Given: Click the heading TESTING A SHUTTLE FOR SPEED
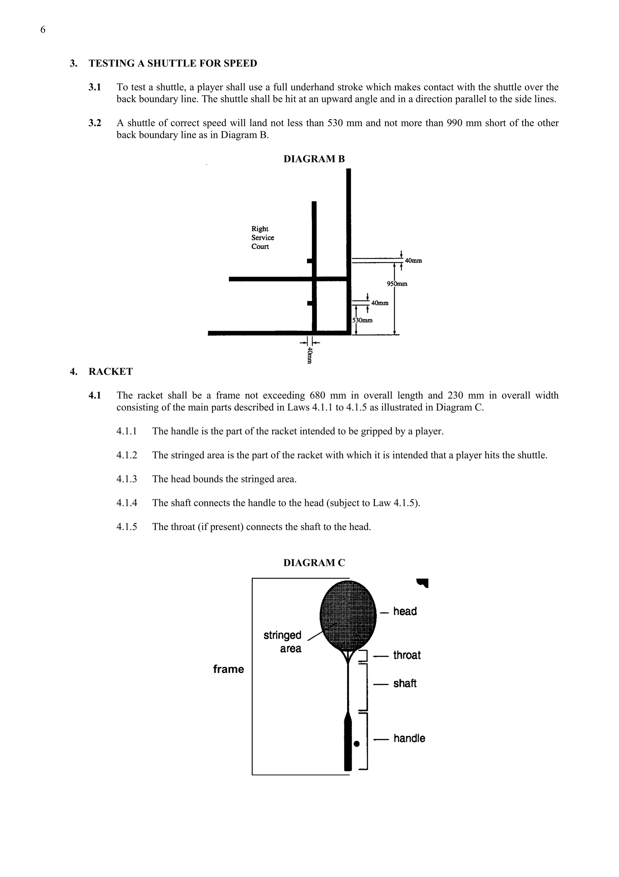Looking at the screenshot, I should click(x=173, y=63).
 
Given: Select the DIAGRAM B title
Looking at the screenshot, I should click(x=314, y=159).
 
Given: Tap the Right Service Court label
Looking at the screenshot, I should click(x=262, y=238).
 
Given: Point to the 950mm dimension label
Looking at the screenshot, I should click(x=397, y=284).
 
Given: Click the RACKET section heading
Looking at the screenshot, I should click(x=110, y=372).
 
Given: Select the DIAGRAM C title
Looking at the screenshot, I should click(x=314, y=563).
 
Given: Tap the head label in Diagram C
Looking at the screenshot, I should click(x=405, y=611).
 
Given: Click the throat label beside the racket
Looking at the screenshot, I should click(x=407, y=655).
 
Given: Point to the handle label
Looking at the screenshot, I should click(x=409, y=738).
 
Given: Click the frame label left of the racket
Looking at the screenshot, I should click(x=228, y=669).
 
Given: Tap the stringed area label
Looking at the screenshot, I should click(x=283, y=642).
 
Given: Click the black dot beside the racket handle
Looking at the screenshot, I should click(x=357, y=744).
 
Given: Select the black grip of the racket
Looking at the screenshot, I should click(x=348, y=745).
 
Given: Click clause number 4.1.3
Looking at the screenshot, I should click(x=126, y=479).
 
